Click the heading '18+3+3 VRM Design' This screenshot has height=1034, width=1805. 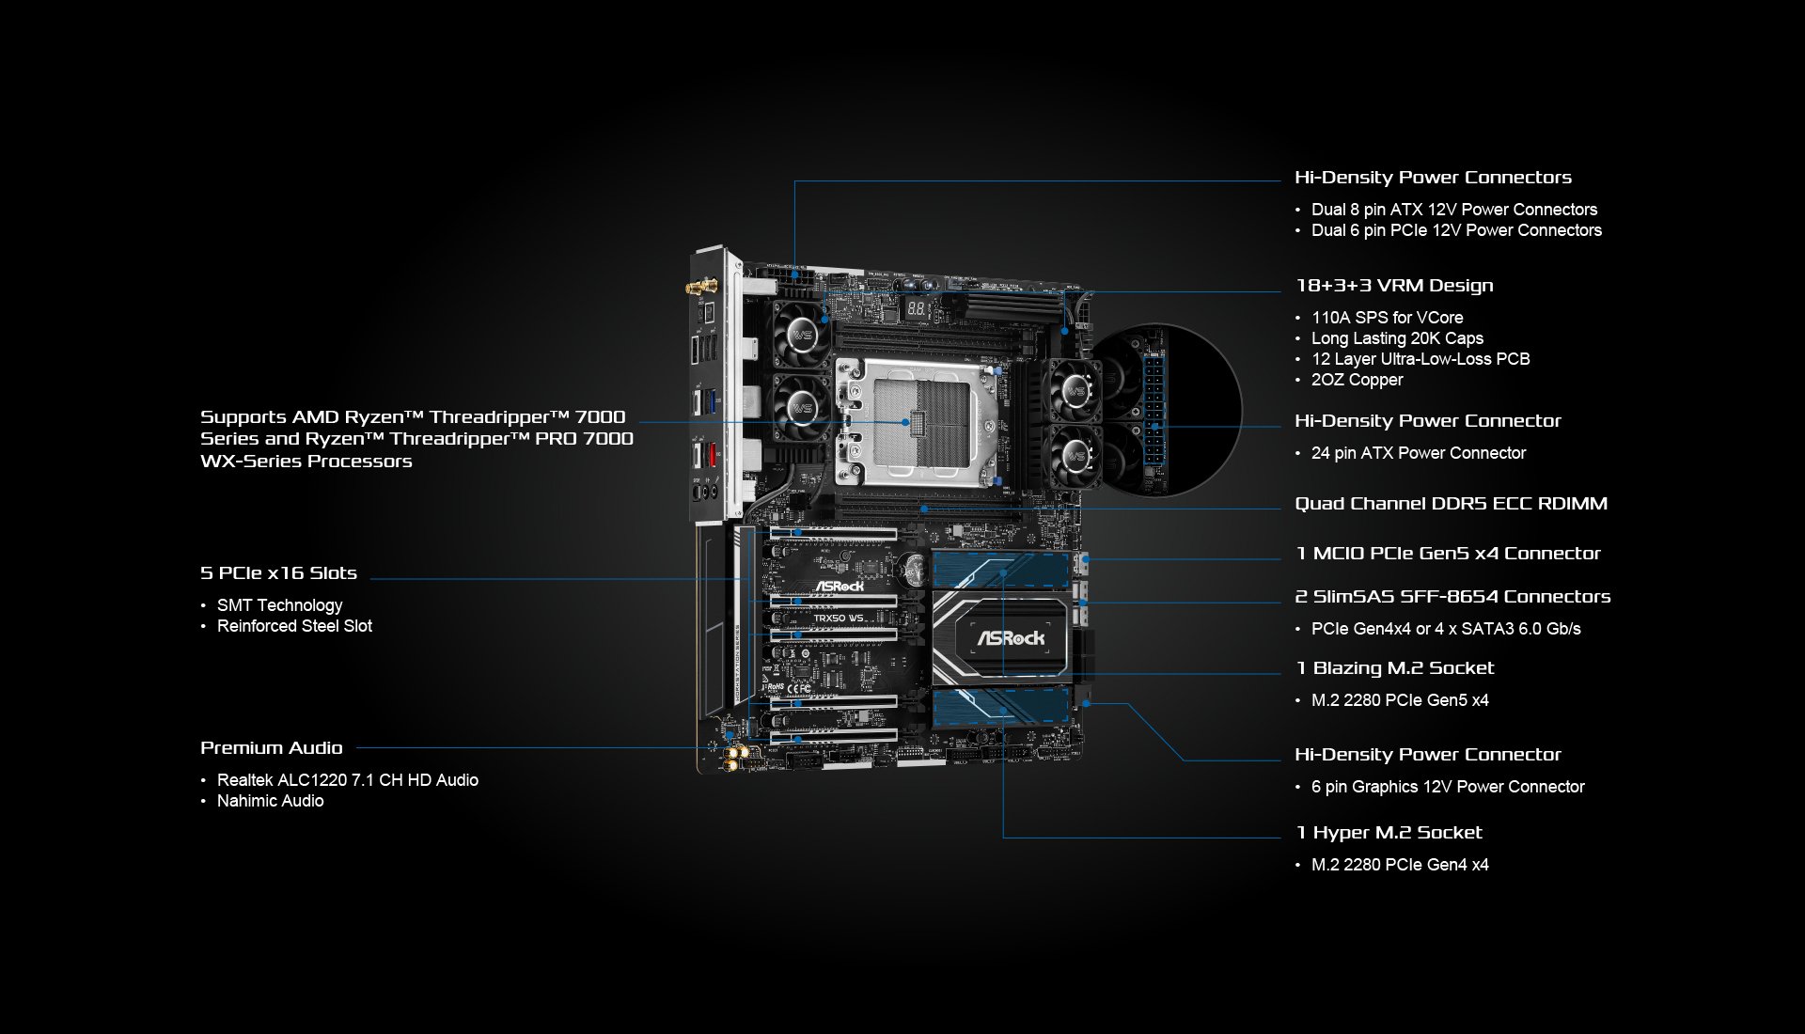pos(1394,286)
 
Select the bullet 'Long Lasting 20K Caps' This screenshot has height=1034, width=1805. pos(1397,338)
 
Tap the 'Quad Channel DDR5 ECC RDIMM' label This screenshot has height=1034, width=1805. pos(1452,504)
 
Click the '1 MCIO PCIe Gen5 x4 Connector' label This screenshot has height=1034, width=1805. pos(1448,554)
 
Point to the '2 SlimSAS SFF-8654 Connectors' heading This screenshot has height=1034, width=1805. pos(1452,597)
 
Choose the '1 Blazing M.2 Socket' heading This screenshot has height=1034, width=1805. pos(1395,668)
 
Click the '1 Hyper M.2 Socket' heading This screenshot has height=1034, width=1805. pos(1389,833)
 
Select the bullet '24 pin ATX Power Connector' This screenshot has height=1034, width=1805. pos(1419,453)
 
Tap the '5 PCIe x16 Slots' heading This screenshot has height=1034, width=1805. pos(278,573)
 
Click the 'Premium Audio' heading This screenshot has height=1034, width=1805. pos(272,748)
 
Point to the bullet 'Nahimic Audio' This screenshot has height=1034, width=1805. pos(270,801)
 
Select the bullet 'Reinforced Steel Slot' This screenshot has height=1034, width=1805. pos(294,626)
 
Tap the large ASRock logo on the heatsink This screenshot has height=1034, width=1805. pos(1011,638)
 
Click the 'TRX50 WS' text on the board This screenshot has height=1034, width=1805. pos(840,619)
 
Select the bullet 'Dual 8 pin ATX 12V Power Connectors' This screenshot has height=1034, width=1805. pos(1454,210)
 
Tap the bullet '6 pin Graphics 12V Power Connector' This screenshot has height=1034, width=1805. pos(1448,787)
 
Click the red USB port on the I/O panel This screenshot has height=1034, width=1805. pos(713,455)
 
